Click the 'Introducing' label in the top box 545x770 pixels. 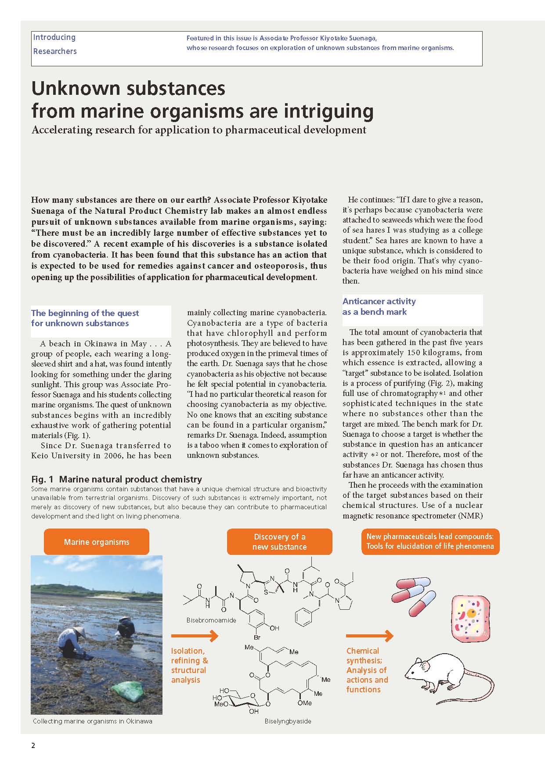pos(54,38)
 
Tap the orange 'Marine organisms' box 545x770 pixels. pos(97,542)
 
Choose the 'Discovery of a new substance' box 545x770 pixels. pos(279,542)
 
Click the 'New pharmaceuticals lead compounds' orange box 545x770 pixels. pos(430,541)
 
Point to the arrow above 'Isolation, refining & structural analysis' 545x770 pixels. pos(195,635)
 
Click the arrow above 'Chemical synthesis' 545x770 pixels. pos(369,635)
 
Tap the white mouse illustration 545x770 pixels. pos(444,676)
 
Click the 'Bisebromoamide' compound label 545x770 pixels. pos(211,620)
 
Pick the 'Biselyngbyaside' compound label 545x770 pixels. pos(288,721)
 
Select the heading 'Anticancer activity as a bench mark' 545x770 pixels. pos(379,306)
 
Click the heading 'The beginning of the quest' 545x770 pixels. pos(85,313)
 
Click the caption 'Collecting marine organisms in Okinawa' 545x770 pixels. pos(93,721)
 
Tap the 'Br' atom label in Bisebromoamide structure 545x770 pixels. pos(257,637)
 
